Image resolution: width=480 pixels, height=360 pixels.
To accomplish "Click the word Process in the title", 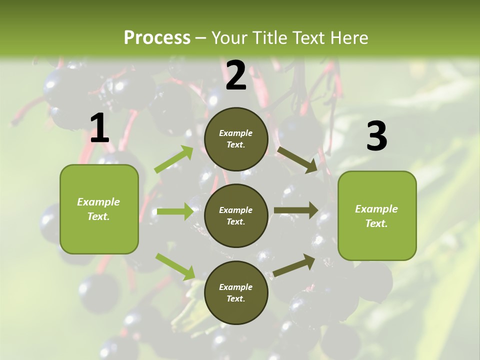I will [157, 38].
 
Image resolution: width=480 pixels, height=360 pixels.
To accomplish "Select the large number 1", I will [99, 128].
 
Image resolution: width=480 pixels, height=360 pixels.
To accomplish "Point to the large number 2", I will [236, 75].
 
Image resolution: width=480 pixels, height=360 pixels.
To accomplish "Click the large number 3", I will [376, 136].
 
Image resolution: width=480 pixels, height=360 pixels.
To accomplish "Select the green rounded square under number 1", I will [99, 209].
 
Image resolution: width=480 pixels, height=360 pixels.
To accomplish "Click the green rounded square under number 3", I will [377, 215].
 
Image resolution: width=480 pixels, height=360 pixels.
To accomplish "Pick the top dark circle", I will [236, 139].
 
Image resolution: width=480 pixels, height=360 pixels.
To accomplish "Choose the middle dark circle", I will [236, 215].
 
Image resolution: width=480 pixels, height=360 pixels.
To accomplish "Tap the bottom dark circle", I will [236, 292].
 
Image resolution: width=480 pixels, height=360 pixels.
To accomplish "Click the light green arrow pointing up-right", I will [174, 159].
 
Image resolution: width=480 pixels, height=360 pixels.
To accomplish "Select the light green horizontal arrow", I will [175, 211].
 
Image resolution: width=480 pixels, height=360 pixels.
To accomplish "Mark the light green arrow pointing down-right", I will [175, 266].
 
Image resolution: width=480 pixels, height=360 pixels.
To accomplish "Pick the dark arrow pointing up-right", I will [294, 265].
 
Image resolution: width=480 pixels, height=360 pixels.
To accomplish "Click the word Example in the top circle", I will [236, 133].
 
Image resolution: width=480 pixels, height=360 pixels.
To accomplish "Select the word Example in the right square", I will [376, 209].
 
